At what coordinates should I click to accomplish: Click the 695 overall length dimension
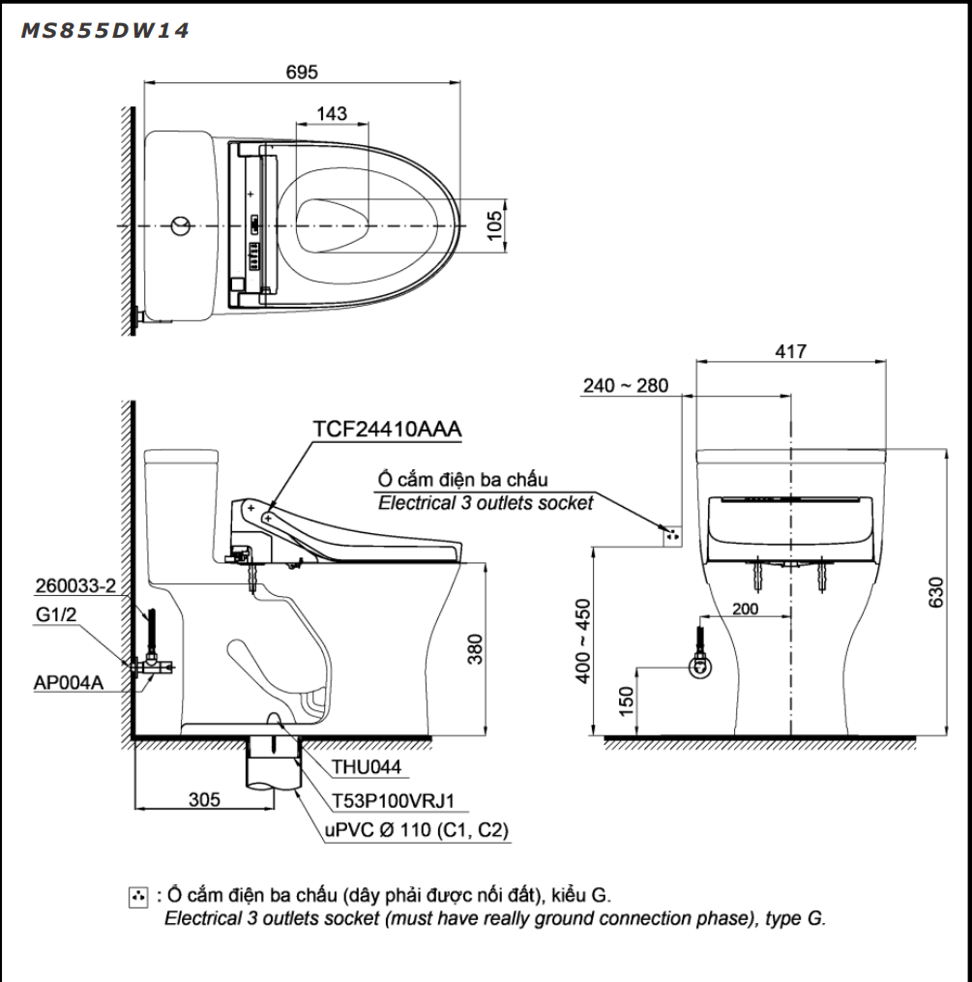301,72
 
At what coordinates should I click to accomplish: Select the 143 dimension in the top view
332,113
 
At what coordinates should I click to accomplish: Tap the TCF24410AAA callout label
387,430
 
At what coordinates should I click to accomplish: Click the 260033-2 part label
75,586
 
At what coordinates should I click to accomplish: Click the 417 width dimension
790,352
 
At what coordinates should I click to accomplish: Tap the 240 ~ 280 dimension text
625,386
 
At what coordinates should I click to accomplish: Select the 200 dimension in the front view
745,610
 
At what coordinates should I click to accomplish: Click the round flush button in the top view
179,226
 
